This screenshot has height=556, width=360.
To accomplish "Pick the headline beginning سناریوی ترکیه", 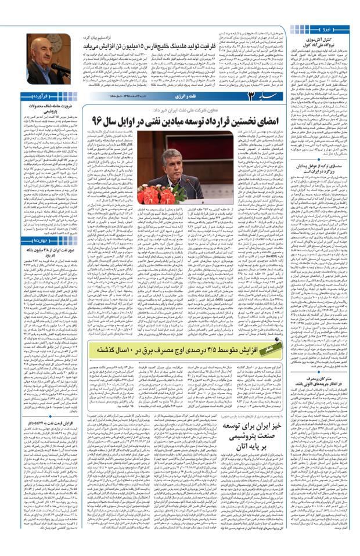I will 330,220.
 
